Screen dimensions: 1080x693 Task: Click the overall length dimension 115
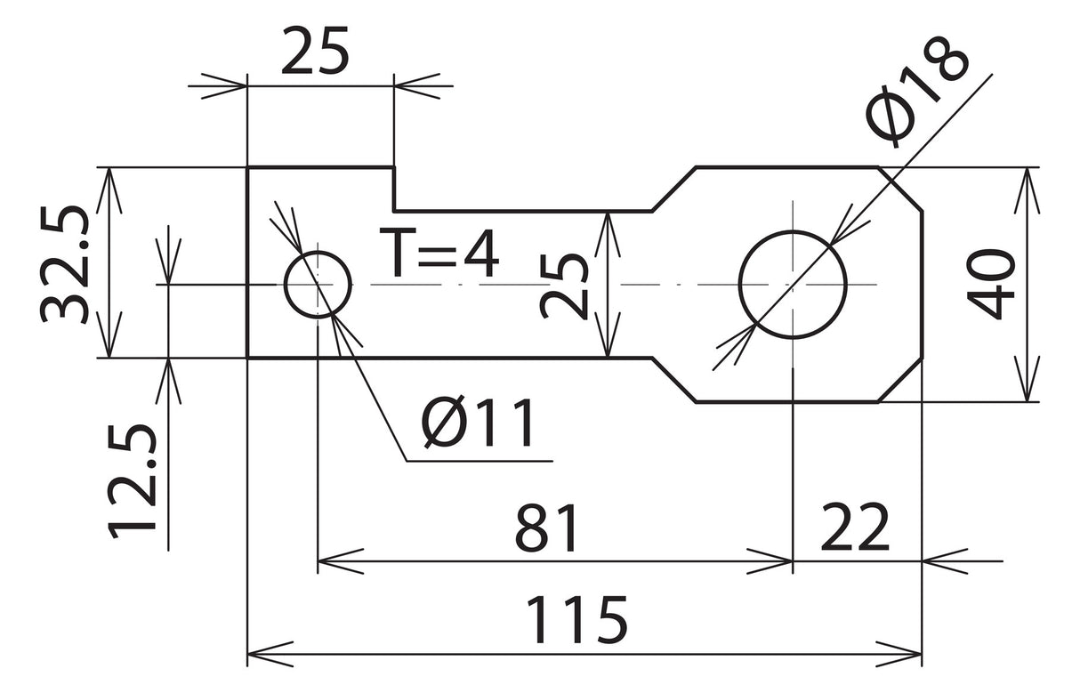[x=577, y=620]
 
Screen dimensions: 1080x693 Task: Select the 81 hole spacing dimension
[x=546, y=528]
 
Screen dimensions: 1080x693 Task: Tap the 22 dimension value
[x=854, y=528]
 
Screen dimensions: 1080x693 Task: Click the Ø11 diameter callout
[x=479, y=423]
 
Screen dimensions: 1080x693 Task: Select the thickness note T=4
[x=439, y=253]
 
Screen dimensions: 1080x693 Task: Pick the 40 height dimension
[x=991, y=285]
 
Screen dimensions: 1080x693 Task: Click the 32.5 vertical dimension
[x=64, y=264]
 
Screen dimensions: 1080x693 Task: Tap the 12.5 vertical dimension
[x=132, y=480]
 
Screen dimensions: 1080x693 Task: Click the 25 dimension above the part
[x=315, y=50]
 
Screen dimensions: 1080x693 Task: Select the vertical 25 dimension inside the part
[x=564, y=286]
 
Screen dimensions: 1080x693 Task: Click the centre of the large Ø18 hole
[x=793, y=285]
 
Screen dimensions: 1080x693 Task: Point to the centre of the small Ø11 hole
[x=318, y=285]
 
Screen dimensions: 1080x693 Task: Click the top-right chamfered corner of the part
[x=900, y=189]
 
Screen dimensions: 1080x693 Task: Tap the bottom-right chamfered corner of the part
[x=900, y=380]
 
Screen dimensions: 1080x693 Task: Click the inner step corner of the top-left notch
[x=394, y=211]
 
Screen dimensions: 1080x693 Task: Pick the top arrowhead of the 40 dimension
[x=1027, y=190]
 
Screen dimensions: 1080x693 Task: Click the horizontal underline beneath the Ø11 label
[x=480, y=462]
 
